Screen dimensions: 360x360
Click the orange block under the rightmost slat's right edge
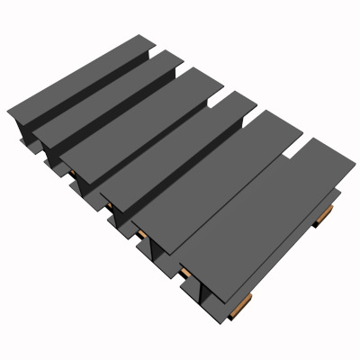coord(325,214)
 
